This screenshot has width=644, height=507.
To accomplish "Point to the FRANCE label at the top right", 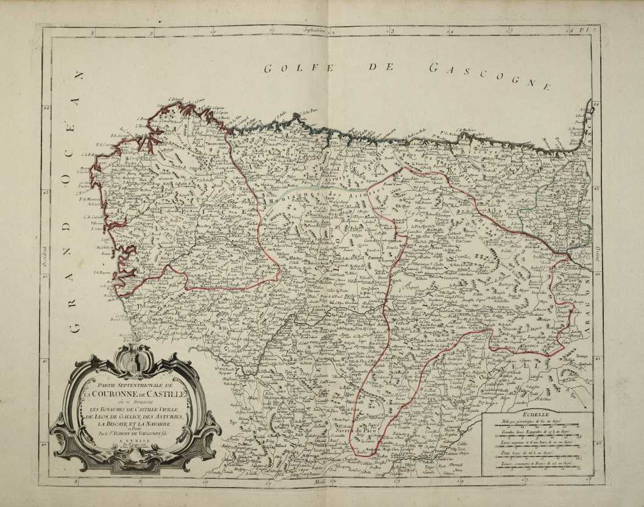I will tap(589, 125).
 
